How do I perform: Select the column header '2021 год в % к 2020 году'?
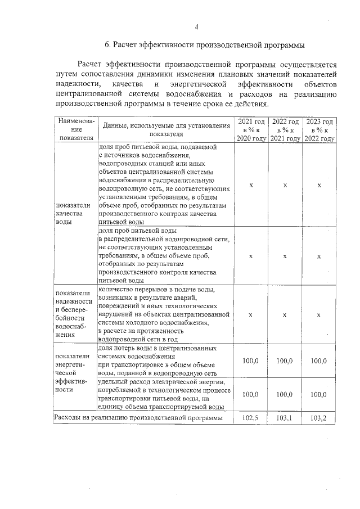pos(251,130)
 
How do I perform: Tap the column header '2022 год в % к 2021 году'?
pos(285,130)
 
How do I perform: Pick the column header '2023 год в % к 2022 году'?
pos(319,130)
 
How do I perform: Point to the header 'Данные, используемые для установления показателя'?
pos(166,130)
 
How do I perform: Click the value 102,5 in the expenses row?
pos(251,418)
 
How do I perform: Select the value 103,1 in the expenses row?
pos(285,418)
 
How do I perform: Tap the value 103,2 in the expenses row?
pos(319,418)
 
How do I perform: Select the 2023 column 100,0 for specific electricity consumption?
pos(319,395)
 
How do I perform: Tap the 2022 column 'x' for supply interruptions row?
pos(285,315)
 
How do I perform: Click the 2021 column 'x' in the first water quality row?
pos(251,185)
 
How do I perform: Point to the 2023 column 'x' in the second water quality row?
pos(319,256)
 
